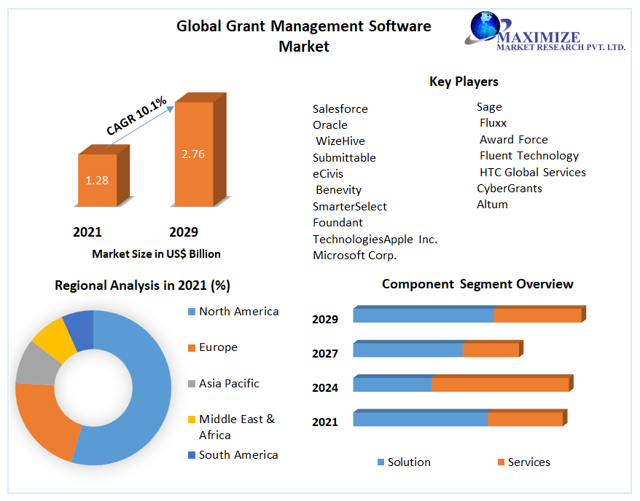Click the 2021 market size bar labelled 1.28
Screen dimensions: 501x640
[x=97, y=180]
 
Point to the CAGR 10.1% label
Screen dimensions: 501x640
[x=136, y=116]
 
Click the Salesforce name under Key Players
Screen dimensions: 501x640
[x=340, y=109]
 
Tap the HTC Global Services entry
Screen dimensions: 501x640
[x=532, y=173]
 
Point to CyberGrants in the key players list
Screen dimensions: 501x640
[x=510, y=189]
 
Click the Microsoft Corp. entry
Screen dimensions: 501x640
[x=355, y=256]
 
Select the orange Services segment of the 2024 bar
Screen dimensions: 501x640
[x=499, y=384]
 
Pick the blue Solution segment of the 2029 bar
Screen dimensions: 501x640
[x=423, y=315]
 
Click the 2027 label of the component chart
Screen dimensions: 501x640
[x=325, y=354]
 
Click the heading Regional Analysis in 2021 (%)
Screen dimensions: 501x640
[x=142, y=285]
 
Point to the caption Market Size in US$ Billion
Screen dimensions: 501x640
[x=156, y=254]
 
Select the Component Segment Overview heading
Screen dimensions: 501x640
[x=477, y=284]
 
